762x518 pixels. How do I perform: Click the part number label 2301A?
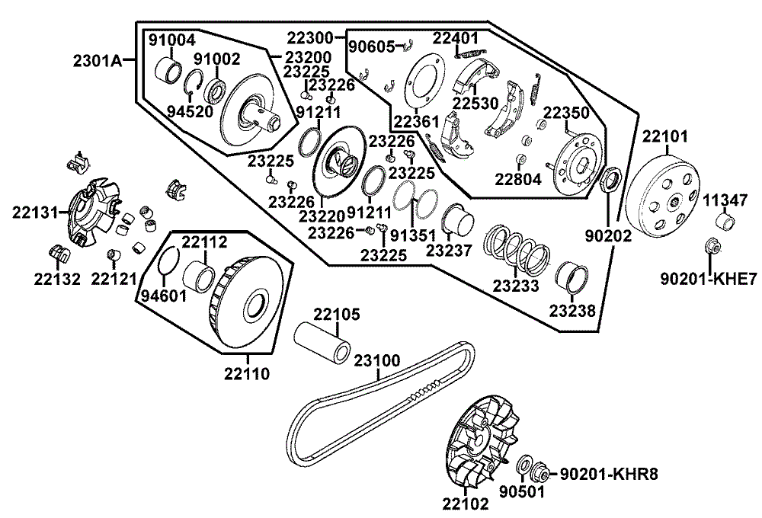(x=98, y=61)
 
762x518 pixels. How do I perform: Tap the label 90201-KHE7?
(x=709, y=279)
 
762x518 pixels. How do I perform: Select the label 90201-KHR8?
(x=610, y=474)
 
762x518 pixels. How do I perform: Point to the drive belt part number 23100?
(x=377, y=360)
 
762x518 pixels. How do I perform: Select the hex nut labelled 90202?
(x=610, y=179)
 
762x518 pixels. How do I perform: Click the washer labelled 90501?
(x=525, y=465)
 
